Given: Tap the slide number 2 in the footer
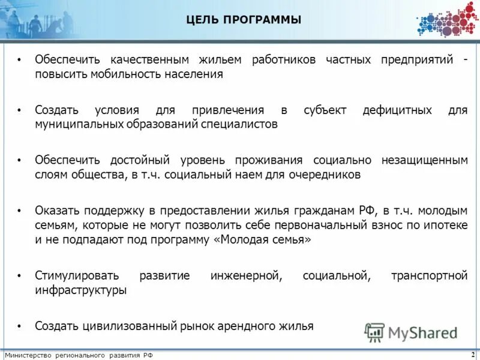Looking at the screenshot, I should point(474,355).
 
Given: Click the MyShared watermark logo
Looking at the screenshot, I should point(411,332).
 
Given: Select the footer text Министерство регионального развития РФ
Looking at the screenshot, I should point(79,355).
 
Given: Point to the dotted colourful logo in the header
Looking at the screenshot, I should point(447,20).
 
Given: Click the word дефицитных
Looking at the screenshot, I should point(397,110).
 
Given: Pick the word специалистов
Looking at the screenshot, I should point(240,125).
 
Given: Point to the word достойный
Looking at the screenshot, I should point(140,160).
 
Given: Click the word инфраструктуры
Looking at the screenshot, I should point(80,290).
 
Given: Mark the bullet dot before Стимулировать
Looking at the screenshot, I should point(19,276).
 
